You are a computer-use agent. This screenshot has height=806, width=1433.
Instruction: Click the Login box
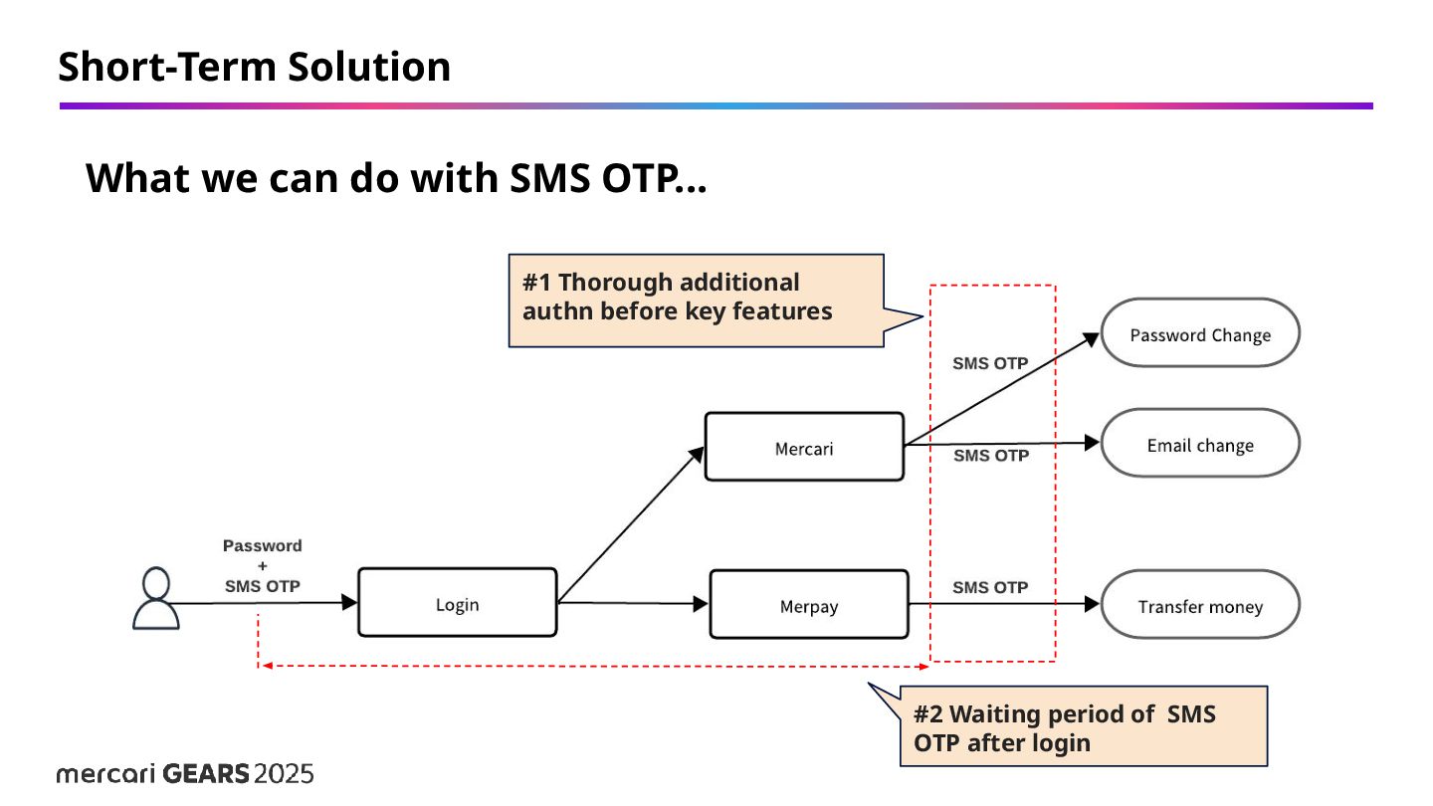457,603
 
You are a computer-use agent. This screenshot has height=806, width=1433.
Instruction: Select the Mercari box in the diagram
804,447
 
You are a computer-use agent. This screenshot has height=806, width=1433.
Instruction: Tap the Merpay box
808,604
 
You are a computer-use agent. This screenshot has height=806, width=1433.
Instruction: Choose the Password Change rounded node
1200,333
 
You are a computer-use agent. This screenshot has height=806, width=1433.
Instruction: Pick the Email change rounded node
1200,444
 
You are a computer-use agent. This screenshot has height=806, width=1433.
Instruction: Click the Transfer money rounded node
1200,605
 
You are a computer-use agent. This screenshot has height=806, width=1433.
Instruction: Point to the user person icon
156,599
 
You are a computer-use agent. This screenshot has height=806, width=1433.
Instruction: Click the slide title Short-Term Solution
255,67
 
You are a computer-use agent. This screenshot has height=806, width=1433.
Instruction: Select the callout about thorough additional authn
696,299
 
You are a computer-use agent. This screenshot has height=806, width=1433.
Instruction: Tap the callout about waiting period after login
1083,726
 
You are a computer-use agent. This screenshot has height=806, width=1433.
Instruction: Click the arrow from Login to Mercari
630,524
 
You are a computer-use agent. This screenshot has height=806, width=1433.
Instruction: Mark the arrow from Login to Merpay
632,603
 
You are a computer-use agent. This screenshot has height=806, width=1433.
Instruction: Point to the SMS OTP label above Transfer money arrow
990,587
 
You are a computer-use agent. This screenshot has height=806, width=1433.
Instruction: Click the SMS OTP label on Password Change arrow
990,363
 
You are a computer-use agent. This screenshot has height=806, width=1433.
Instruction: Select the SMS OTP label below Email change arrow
991,456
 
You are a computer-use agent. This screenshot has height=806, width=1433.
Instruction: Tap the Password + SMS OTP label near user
262,565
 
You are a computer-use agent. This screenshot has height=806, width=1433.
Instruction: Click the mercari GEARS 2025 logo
185,773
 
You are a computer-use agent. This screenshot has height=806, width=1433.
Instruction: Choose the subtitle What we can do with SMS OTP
396,178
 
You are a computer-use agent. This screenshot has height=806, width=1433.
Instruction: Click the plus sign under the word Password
262,565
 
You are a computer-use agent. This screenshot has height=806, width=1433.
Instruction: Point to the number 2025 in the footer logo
284,773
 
